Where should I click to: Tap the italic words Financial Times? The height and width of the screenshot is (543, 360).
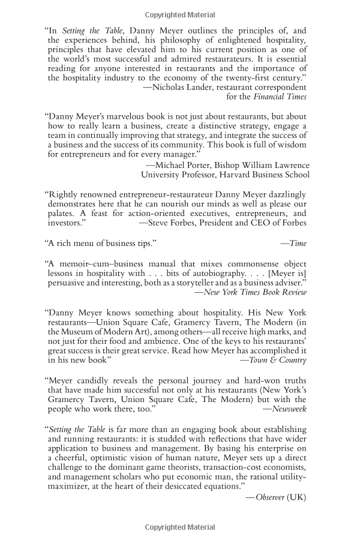click(280, 96)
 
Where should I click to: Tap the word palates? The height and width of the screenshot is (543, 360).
click(62, 213)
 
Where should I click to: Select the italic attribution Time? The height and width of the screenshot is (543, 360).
click(298, 243)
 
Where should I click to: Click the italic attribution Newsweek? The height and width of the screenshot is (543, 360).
click(289, 409)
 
